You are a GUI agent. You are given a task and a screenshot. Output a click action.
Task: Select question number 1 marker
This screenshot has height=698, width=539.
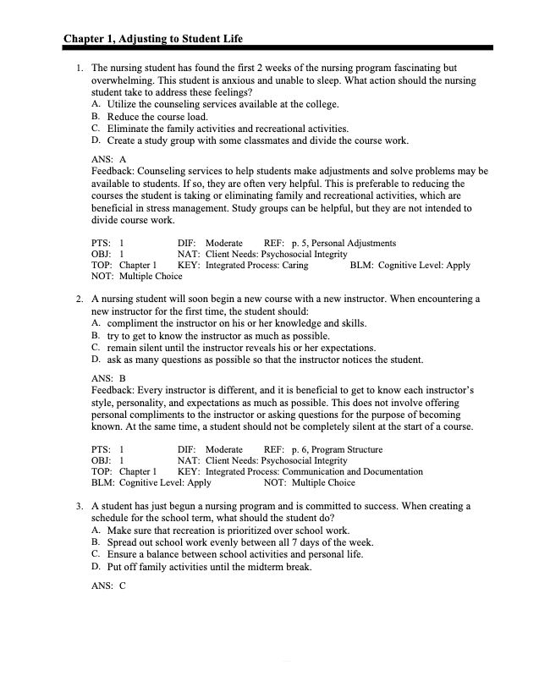[78, 68]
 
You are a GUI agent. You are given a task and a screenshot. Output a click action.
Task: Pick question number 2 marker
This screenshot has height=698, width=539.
[78, 300]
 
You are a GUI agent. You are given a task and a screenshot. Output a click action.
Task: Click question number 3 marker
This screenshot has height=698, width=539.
[78, 507]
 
